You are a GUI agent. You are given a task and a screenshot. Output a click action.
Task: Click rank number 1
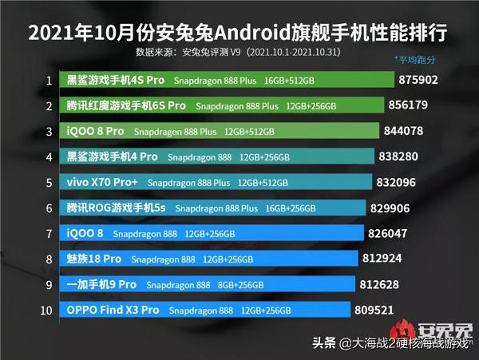pyautogui.click(x=49, y=81)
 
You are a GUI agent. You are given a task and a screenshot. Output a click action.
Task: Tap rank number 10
pyautogui.click(x=49, y=310)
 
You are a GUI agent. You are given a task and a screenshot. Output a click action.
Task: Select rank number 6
pyautogui.click(x=49, y=208)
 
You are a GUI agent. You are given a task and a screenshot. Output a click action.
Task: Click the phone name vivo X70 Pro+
pyautogui.click(x=102, y=182)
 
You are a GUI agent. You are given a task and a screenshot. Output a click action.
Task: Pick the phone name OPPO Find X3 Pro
pyautogui.click(x=113, y=310)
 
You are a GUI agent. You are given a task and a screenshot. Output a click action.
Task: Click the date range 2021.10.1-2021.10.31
pyautogui.click(x=295, y=52)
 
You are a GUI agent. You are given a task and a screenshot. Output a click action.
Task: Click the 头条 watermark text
pyautogui.click(x=323, y=344)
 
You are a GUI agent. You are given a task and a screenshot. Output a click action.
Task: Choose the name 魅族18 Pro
pyautogui.click(x=95, y=259)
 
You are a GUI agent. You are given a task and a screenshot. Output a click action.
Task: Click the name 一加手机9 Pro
pyautogui.click(x=102, y=284)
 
